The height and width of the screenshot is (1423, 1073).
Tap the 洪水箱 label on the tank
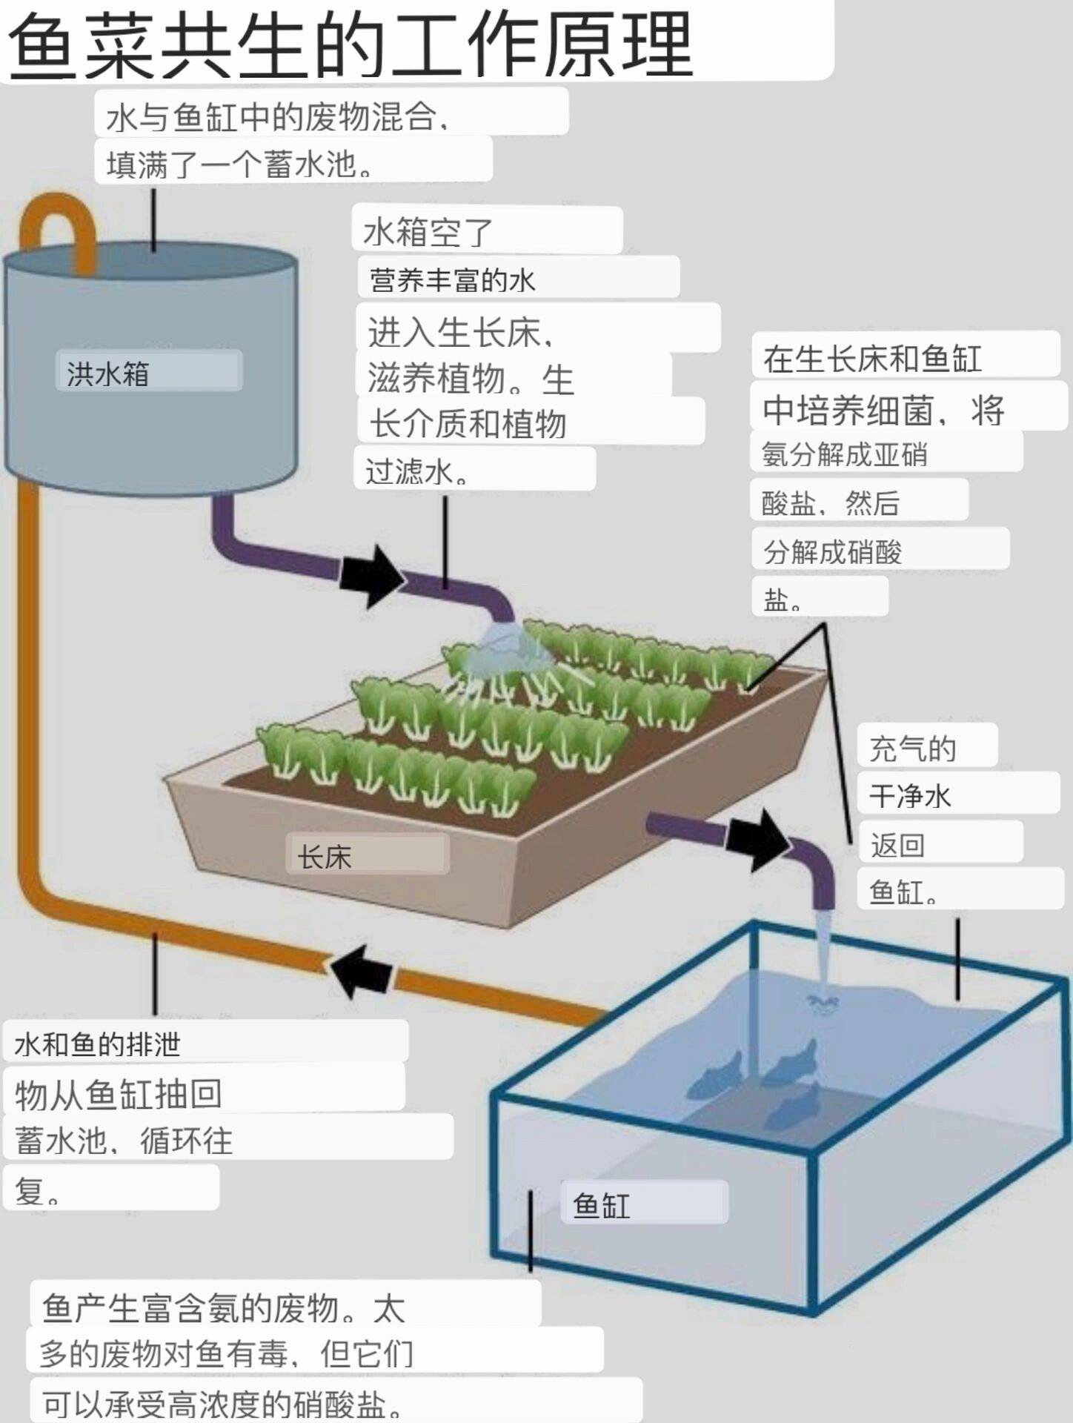click(109, 373)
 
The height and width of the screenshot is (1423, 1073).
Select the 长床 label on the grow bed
click(324, 857)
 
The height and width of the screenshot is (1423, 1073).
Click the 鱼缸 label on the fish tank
click(601, 1205)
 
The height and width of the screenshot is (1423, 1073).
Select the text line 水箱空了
click(428, 232)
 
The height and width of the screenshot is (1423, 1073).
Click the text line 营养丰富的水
click(452, 280)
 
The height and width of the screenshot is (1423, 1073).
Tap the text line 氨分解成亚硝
click(844, 454)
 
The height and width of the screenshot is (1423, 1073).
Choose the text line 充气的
click(912, 749)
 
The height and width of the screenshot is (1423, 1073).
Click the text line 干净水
click(909, 796)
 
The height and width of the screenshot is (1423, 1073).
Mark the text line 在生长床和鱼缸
click(872, 359)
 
